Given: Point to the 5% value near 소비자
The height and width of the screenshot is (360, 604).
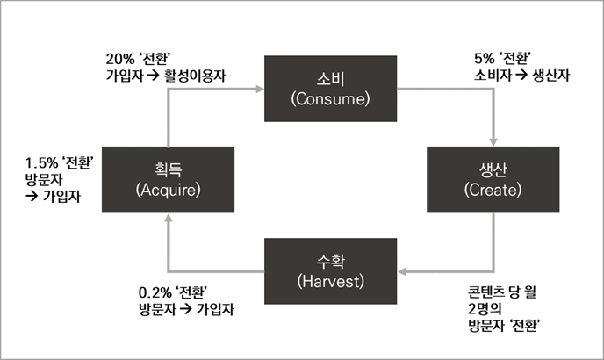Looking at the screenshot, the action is (483, 60).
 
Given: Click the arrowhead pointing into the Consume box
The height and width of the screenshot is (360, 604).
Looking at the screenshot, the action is (259, 88).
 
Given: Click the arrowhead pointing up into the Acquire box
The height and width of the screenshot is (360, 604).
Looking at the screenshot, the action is (169, 219).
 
